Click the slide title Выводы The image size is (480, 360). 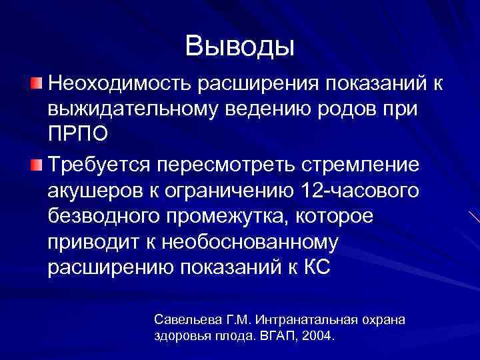[240, 46]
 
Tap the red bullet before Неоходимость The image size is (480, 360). [37, 84]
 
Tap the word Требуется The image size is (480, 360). [101, 166]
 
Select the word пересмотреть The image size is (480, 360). [228, 166]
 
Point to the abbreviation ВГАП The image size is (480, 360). [280, 335]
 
